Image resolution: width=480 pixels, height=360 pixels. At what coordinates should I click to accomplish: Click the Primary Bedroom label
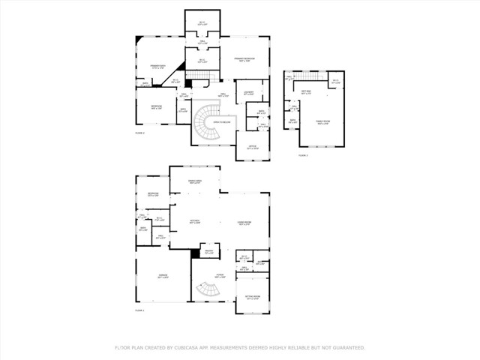[x=244, y=58]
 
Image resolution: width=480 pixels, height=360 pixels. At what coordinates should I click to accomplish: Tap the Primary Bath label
[x=157, y=67]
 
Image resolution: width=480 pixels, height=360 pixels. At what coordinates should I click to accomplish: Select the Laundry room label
[x=247, y=94]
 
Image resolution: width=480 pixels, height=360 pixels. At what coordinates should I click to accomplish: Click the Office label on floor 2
[x=252, y=148]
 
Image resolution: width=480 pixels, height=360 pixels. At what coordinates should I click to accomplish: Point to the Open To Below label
[x=221, y=121]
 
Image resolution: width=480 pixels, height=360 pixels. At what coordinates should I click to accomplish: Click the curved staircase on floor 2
[x=205, y=124]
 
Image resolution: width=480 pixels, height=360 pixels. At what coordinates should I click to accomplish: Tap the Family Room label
[x=322, y=123]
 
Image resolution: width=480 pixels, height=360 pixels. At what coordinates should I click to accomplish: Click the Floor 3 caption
[x=303, y=154]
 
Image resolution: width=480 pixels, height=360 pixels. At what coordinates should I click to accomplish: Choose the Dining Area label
[x=194, y=182]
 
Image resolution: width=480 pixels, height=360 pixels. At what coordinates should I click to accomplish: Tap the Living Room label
[x=244, y=223]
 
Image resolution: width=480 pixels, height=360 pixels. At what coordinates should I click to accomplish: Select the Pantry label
[x=209, y=252]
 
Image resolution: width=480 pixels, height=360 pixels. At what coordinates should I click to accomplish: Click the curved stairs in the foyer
[x=204, y=289]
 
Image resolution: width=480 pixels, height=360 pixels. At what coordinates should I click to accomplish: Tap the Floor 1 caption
[x=139, y=310]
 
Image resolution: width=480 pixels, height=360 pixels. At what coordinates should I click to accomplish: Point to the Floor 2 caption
[x=139, y=132]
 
